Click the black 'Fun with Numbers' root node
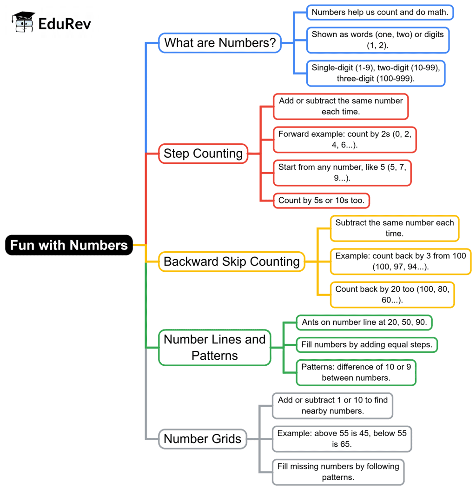pos(69,245)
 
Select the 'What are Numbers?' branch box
pos(220,43)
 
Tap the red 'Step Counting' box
pos(203,154)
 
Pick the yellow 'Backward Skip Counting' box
pos(231,262)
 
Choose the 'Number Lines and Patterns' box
pos(214,348)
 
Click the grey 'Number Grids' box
pos(203,439)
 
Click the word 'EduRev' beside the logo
pos(65,23)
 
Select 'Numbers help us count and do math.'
pos(380,13)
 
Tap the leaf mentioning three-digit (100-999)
pos(376,73)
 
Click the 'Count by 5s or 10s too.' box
pos(321,201)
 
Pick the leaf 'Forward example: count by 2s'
pos(344,140)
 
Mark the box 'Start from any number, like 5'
pos(342,173)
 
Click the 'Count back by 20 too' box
pos(392,295)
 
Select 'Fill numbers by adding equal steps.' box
pos(367,345)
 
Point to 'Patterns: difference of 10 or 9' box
pos(356,372)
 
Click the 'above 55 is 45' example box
pos(342,439)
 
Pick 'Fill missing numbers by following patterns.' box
pos(338,472)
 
